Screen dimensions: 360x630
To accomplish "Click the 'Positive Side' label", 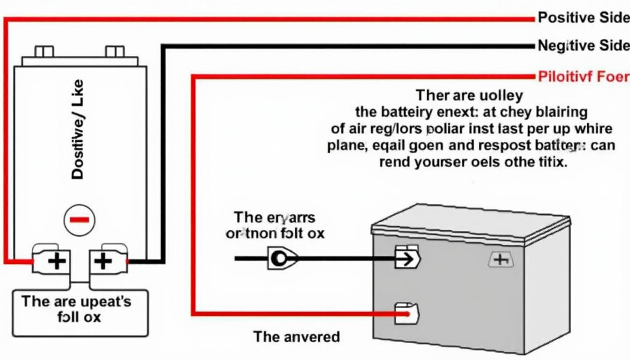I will tap(583, 18).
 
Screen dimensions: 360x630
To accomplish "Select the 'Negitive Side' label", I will tap(583, 45).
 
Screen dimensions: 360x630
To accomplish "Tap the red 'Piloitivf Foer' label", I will tap(583, 76).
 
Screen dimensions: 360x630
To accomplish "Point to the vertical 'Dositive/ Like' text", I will tap(78, 129).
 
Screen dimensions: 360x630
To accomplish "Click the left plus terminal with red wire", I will tap(57, 260).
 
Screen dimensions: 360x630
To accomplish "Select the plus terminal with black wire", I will tap(103, 260).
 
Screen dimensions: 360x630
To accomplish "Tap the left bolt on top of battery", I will tap(44, 51).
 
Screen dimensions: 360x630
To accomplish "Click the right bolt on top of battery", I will tap(115, 51).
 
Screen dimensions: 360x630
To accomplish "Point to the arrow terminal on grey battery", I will tap(407, 258).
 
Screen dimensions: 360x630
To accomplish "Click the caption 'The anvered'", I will tap(296, 337).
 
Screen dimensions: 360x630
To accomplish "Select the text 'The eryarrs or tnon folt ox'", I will tap(275, 225).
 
